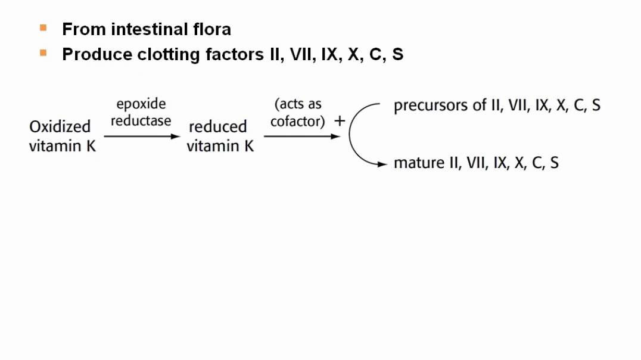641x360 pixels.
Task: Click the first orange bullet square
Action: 43,27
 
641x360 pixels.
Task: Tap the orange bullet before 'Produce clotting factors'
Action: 43,52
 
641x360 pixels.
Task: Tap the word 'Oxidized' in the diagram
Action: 60,126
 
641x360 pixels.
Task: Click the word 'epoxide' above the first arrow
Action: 141,104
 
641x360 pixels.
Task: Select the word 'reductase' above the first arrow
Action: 141,120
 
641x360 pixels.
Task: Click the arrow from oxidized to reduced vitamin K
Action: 141,136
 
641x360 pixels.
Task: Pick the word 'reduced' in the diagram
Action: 217,126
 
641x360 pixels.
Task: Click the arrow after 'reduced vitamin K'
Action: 301,136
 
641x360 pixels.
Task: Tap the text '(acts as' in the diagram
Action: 298,104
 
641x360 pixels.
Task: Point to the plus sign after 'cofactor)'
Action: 340,121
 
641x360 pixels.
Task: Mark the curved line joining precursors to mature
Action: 350,134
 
